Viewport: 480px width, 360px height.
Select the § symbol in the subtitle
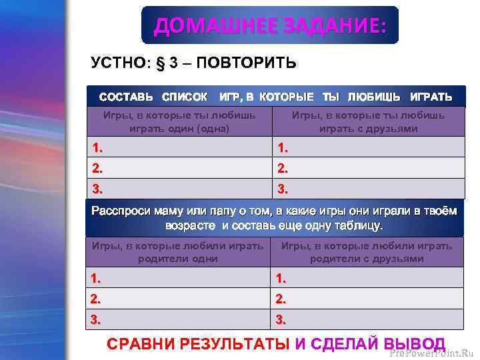point(159,63)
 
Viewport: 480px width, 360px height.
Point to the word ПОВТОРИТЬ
point(246,63)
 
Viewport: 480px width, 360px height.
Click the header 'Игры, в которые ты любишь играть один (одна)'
point(179,122)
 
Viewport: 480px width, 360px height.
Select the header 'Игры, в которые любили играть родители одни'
point(177,252)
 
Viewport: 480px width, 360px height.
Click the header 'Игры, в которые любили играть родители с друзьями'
point(367,252)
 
